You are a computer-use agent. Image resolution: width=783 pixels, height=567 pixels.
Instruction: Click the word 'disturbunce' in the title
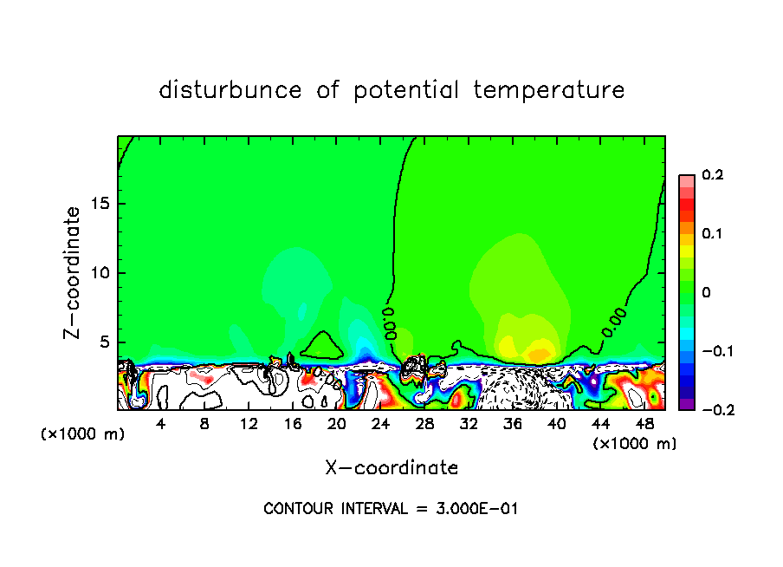230,89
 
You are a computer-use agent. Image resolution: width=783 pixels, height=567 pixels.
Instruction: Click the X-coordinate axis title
391,467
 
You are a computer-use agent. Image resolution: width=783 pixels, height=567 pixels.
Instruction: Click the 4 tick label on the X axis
161,423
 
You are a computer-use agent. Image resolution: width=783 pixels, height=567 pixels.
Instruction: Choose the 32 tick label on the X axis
469,423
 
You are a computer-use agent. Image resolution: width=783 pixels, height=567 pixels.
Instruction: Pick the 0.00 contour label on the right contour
614,319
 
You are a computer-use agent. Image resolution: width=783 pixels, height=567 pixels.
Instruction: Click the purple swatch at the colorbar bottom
686,404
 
